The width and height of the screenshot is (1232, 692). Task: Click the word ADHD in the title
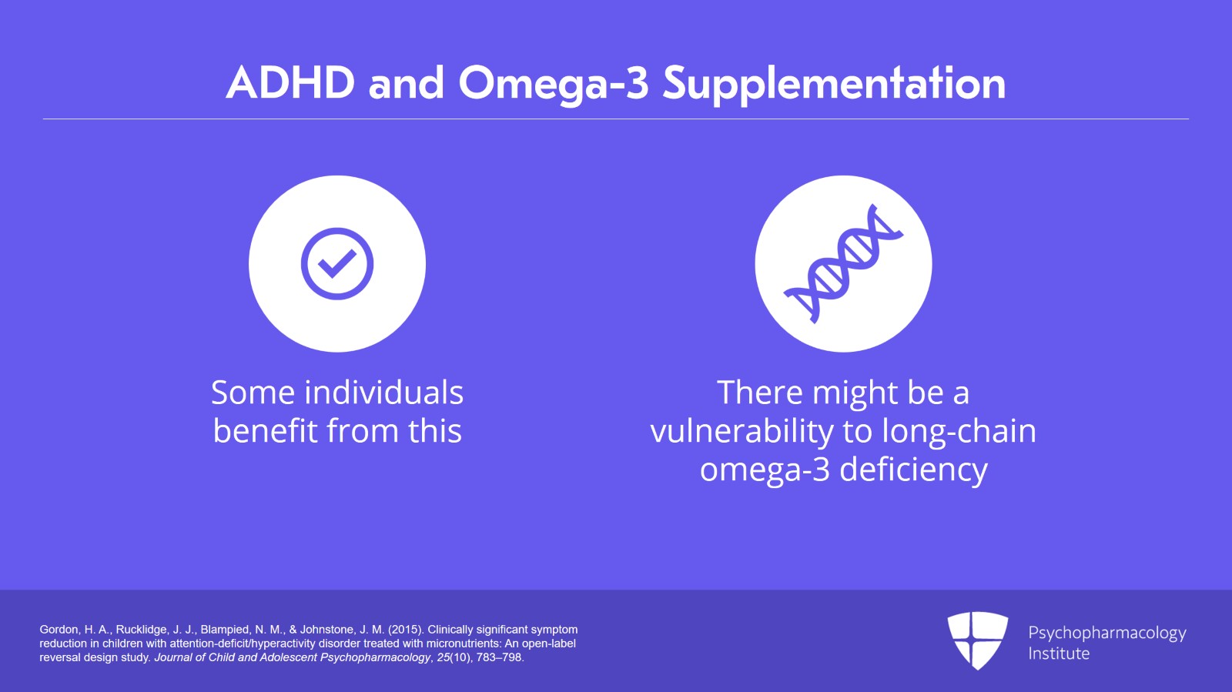(x=290, y=83)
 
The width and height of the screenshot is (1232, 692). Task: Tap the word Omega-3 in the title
(x=554, y=83)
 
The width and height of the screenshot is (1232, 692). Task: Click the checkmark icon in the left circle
(x=337, y=264)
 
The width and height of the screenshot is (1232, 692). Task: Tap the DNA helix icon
(x=843, y=264)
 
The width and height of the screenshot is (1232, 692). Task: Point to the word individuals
(x=384, y=393)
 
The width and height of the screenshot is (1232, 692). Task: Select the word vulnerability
(x=742, y=432)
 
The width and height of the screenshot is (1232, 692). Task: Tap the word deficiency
(x=913, y=470)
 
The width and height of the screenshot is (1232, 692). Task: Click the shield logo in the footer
(x=977, y=640)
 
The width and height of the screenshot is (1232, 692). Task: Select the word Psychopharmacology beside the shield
(x=1106, y=633)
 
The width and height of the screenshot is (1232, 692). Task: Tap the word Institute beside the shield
(x=1059, y=654)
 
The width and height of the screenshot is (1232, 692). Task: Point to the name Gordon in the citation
(x=59, y=630)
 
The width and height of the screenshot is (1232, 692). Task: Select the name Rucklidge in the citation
(x=142, y=630)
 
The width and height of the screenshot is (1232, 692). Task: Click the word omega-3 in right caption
(x=765, y=470)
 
